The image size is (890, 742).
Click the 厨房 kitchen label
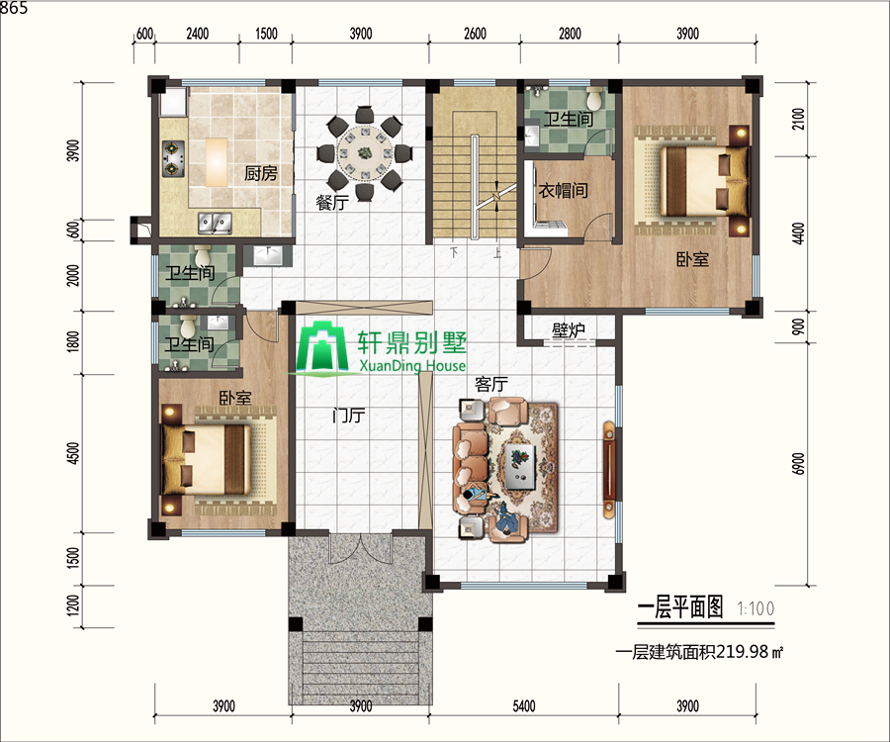pyautogui.click(x=260, y=173)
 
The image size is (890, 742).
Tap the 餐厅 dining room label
pyautogui.click(x=332, y=202)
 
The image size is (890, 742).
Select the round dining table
pyautogui.click(x=364, y=152)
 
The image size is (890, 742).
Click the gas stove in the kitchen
pyautogui.click(x=173, y=159)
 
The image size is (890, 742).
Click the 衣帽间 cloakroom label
pyautogui.click(x=563, y=190)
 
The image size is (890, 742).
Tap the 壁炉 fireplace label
pyautogui.click(x=569, y=329)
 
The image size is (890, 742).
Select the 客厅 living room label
pyautogui.click(x=490, y=384)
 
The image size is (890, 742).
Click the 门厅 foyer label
pyautogui.click(x=348, y=417)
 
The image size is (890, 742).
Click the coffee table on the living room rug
pyautogui.click(x=520, y=467)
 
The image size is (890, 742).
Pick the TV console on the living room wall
pyautogui.click(x=608, y=470)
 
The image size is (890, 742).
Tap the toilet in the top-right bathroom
pyautogui.click(x=594, y=99)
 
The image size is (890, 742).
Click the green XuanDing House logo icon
pyautogui.click(x=322, y=348)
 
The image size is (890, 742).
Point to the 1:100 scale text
pyautogui.click(x=756, y=609)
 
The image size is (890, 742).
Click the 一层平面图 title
pyautogui.click(x=680, y=608)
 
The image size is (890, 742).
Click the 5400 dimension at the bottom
pyautogui.click(x=524, y=706)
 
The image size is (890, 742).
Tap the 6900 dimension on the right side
pyautogui.click(x=798, y=464)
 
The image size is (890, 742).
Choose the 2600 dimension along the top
pyautogui.click(x=475, y=34)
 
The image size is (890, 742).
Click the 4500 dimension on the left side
pyautogui.click(x=73, y=453)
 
